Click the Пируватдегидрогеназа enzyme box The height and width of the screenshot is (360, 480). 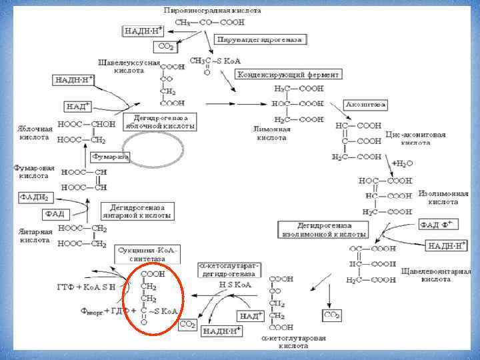259,40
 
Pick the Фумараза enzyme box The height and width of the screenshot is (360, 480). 110,157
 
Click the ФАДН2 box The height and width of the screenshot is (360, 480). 33,198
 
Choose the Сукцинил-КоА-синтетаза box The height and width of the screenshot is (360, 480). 147,254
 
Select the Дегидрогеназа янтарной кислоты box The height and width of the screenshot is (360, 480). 137,211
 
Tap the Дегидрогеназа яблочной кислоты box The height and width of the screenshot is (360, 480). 160,121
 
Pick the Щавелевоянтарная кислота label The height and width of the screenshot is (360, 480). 436,275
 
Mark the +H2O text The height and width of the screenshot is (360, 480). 403,163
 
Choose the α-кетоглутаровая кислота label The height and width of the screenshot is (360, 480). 293,342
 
